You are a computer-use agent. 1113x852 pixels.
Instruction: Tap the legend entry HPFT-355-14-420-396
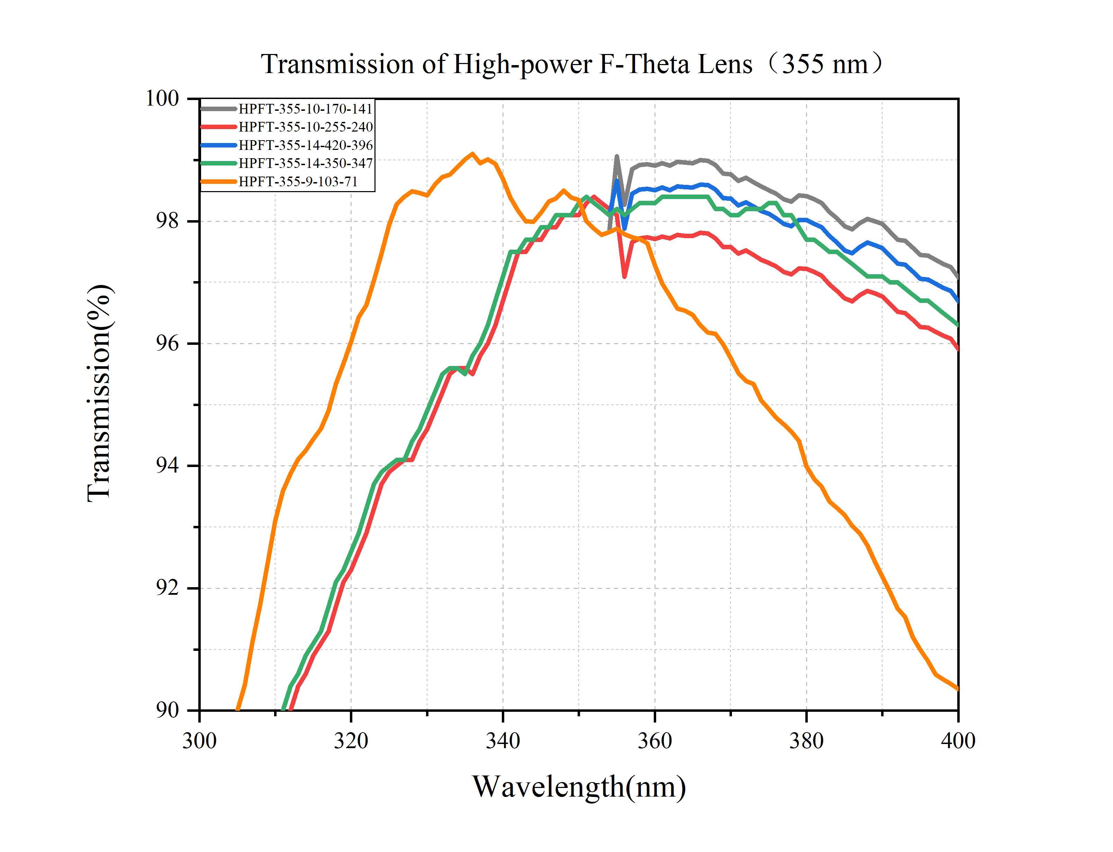coord(305,145)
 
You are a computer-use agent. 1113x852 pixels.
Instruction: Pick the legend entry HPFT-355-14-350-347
coord(305,163)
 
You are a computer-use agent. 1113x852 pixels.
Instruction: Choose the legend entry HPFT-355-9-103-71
coord(298,181)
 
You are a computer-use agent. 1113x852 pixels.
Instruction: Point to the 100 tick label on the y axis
coord(162,98)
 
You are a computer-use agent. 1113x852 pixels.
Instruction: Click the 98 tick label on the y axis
coord(167,221)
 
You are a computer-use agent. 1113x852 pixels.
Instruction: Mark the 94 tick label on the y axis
coord(167,466)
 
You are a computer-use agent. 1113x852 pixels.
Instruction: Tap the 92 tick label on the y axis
coord(167,588)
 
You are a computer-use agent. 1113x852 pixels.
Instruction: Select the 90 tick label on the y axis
coord(167,710)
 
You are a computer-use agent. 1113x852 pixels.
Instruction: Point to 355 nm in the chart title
coord(825,64)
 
